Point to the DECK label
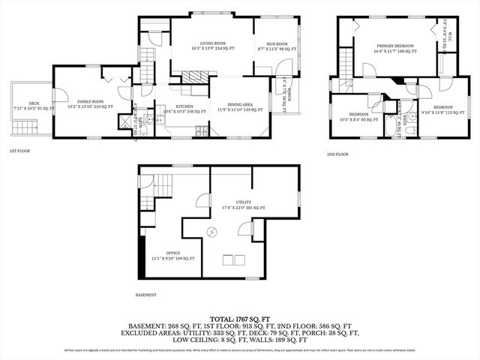(x=33, y=106)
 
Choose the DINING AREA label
(x=235, y=107)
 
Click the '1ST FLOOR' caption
(x=19, y=151)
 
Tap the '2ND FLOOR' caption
(x=337, y=154)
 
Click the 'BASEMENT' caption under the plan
(x=147, y=295)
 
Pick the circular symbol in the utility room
(x=211, y=232)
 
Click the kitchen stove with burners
(x=202, y=133)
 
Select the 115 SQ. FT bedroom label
(x=438, y=109)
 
